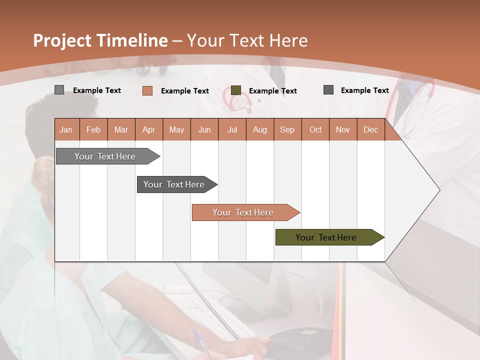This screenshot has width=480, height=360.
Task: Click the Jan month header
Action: coord(66,129)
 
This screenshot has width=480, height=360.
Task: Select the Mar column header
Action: coord(121,129)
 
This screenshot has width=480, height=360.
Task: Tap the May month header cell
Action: coord(176,129)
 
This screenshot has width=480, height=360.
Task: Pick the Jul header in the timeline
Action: coord(232,129)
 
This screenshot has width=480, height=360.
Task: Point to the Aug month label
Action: coord(259,129)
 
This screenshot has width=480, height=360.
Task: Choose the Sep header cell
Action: coord(287,129)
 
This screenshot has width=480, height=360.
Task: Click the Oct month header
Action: coord(315,129)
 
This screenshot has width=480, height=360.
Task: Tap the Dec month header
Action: coord(370,129)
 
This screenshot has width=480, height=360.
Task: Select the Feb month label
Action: coord(93,129)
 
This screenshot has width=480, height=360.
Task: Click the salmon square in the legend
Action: coord(147,90)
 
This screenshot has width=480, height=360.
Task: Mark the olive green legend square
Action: coord(236,90)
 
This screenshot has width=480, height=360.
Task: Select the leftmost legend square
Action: coord(59,90)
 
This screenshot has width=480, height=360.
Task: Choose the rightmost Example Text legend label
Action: coord(364,90)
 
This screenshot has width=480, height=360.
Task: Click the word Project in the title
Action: coord(62,40)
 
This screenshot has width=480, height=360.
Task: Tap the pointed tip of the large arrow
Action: coord(438,189)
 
